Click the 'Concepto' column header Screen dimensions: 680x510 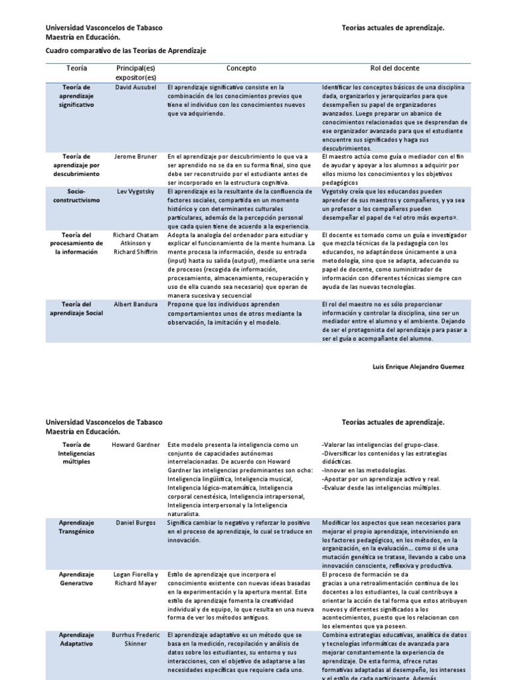click(x=241, y=68)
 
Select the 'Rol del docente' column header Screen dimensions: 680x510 click(x=394, y=68)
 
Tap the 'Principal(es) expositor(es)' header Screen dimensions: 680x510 click(x=135, y=73)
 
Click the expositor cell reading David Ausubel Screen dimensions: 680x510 click(x=135, y=87)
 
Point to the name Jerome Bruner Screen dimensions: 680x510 click(x=135, y=157)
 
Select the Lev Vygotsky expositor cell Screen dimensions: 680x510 click(x=135, y=191)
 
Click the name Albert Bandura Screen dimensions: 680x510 click(x=135, y=304)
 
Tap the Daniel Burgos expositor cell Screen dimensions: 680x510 click(x=135, y=523)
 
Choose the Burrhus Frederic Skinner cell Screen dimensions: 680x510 click(x=135, y=639)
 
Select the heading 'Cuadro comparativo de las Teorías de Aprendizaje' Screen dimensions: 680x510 click(x=126, y=50)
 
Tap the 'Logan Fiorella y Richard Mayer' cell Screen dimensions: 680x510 click(x=135, y=578)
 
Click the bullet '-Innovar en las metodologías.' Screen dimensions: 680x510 click(x=364, y=470)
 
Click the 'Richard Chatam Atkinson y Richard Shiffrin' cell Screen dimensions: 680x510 click(x=135, y=243)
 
